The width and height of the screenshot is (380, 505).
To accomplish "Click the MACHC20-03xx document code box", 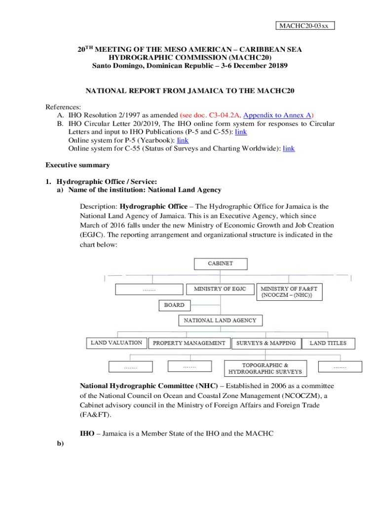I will (304, 26).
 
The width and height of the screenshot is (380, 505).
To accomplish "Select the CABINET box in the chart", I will (220, 264).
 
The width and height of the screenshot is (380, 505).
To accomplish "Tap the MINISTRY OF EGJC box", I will (220, 289).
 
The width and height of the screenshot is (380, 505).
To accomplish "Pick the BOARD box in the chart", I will (174, 305).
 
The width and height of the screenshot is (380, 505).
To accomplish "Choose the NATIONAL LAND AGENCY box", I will (220, 321).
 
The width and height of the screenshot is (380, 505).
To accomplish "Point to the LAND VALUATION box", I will (117, 343).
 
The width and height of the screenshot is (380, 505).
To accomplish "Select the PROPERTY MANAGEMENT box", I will (190, 343).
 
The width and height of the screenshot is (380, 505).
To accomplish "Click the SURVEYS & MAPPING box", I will (266, 343).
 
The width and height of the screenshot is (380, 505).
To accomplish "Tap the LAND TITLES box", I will (328, 343).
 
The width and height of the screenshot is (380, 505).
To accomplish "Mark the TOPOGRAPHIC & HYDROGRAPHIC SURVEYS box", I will (266, 368).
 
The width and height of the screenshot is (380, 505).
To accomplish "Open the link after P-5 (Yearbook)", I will (183, 140).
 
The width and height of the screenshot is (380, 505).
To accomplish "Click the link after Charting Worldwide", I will (289, 148).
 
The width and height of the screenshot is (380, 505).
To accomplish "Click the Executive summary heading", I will (77, 165).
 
